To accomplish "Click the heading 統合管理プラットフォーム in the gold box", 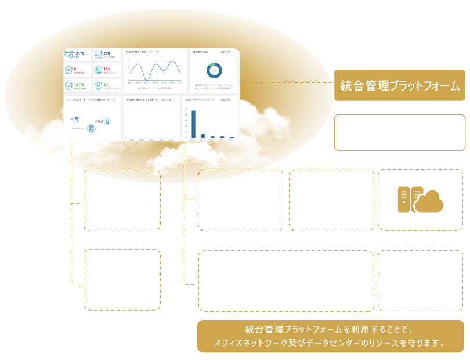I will coord(400,86).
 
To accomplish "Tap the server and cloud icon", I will coord(420,200).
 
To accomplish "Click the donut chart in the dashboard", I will coord(214,71).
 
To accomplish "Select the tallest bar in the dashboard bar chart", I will coord(194,124).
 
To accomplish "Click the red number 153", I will coord(107,69).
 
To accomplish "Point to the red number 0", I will coord(75,69).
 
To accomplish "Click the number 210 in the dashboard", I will coord(107,53).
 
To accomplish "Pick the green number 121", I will coord(107,84).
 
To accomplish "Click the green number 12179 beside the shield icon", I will coord(79,84).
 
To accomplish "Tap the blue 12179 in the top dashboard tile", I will coord(79,53).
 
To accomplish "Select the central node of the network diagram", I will coord(91,128).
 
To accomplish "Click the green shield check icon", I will coord(68,86).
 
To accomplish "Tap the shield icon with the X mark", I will coord(68,70).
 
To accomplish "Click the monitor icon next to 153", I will coord(98,70).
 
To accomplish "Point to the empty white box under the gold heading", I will coord(400,132).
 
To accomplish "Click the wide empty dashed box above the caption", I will coord(286,281).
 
